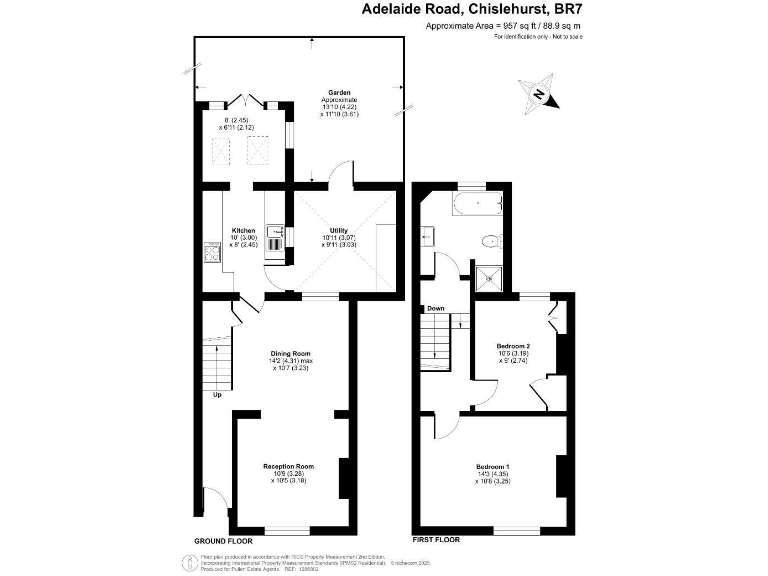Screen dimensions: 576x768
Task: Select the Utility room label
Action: click(339, 231)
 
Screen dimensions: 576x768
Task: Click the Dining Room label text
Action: click(292, 353)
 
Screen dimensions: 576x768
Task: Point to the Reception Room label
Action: click(289, 466)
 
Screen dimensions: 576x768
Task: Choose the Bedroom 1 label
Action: click(492, 467)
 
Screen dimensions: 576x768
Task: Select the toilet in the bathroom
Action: click(490, 241)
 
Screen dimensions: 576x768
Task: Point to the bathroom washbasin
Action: click(427, 236)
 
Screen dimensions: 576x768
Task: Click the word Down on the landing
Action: click(436, 308)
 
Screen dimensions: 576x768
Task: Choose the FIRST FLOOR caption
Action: click(436, 540)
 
